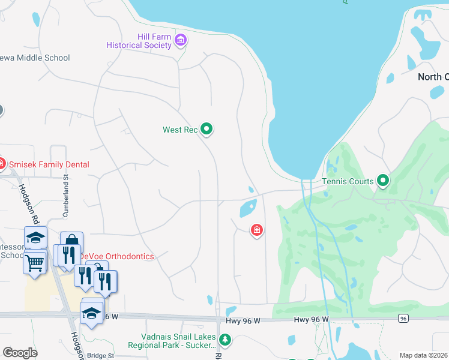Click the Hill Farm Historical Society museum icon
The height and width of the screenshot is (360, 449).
[181, 41]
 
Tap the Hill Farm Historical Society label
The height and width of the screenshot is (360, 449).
[139, 41]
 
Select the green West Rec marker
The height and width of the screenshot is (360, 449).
[207, 129]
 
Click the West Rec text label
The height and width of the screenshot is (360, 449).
[180, 130]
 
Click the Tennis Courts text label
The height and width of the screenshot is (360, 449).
[348, 181]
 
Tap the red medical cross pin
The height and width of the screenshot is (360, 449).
[257, 230]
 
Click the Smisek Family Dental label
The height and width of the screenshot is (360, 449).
[49, 164]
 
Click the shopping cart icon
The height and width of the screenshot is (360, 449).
[35, 262]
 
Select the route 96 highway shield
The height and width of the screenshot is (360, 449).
[403, 317]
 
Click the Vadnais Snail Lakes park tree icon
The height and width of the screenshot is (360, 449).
[225, 340]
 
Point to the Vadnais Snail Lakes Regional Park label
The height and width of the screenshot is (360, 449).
[172, 341]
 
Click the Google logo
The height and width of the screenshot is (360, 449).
[20, 353]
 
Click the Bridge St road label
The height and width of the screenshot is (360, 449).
[100, 355]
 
